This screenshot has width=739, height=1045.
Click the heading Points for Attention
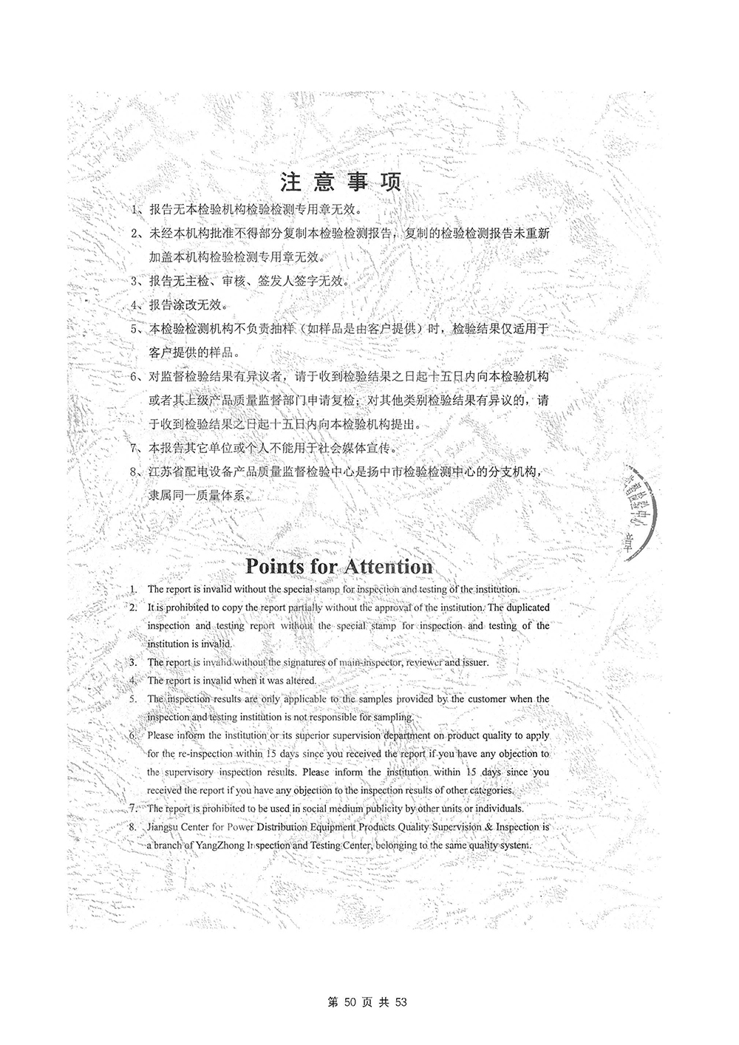[x=339, y=566]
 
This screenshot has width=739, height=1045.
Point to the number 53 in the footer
[x=401, y=1002]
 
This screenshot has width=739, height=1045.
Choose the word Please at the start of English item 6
[x=161, y=736]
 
